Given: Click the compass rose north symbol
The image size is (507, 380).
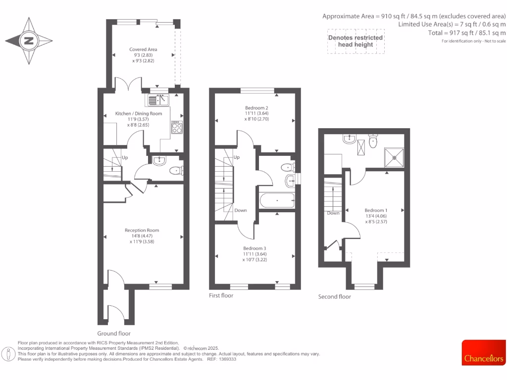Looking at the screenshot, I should [29, 41].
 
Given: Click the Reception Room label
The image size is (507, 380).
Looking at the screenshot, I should [142, 230].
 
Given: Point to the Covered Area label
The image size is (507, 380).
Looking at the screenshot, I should [143, 49].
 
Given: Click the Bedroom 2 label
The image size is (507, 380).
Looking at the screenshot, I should [256, 107].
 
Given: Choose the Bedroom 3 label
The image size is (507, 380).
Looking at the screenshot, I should [254, 248].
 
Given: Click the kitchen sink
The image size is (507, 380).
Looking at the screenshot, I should [158, 100].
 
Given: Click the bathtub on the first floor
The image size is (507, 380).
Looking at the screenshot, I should [276, 201].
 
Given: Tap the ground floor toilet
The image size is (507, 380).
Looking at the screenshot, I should [176, 171].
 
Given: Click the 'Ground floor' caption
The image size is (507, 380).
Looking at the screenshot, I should [114, 333].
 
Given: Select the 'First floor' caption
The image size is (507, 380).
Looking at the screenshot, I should [221, 295].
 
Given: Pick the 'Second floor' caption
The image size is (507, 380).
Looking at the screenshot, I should [335, 297].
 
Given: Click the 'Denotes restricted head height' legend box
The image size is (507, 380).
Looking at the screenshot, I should [355, 41].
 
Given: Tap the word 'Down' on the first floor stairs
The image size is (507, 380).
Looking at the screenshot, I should [241, 210].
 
